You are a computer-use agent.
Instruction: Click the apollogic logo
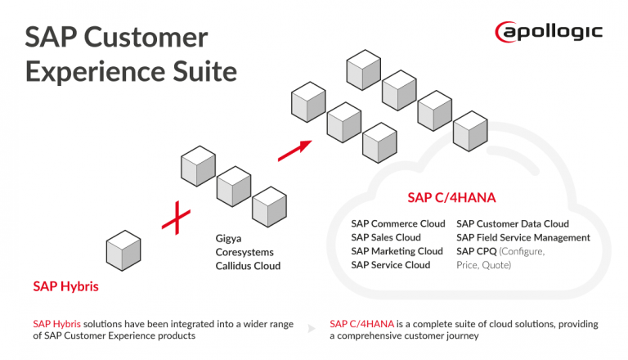pos(549,32)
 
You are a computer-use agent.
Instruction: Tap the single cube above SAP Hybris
pos(124,250)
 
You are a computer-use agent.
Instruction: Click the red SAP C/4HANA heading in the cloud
pos(452,198)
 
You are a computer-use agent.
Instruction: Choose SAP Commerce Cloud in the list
pos(398,223)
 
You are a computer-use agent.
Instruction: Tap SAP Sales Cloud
pos(386,237)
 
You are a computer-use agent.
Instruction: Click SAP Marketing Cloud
pos(397,251)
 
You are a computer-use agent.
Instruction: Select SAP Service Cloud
pos(390,265)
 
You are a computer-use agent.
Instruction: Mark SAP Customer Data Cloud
pos(513,223)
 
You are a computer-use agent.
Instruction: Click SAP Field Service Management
pos(523,237)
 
